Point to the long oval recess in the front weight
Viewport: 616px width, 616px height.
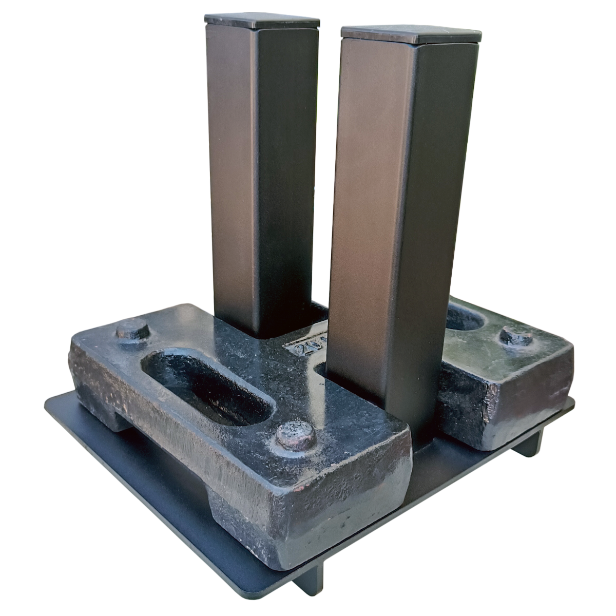point(208,388)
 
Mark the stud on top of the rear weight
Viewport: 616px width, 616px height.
point(516,337)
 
